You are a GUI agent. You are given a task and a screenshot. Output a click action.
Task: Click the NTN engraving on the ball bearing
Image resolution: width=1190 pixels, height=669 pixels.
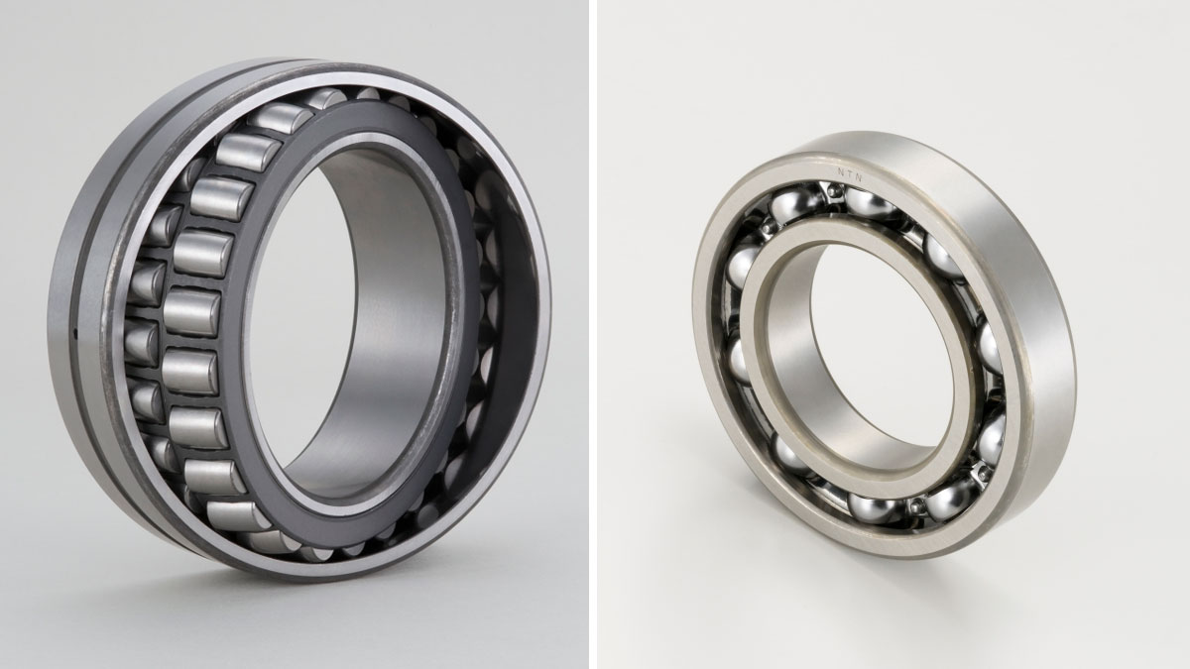tap(850, 174)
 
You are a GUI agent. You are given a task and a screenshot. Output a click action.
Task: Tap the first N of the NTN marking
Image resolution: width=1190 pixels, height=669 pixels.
tap(841, 171)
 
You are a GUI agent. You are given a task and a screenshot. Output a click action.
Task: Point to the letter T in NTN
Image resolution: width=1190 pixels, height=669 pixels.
tap(850, 174)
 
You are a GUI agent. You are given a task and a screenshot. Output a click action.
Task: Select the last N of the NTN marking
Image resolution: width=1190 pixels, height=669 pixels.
tap(859, 177)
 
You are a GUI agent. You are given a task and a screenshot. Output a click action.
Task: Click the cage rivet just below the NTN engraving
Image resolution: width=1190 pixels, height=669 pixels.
tap(834, 190)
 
